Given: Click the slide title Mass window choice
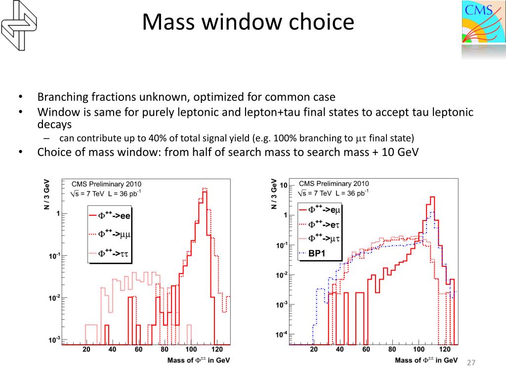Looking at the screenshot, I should click(248, 22).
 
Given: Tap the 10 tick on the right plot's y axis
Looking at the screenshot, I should click(284, 186).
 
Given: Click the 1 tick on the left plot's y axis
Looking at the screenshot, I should click(58, 214).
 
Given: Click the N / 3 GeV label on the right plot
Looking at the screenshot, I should click(274, 193).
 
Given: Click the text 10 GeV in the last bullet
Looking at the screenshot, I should click(400, 151).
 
